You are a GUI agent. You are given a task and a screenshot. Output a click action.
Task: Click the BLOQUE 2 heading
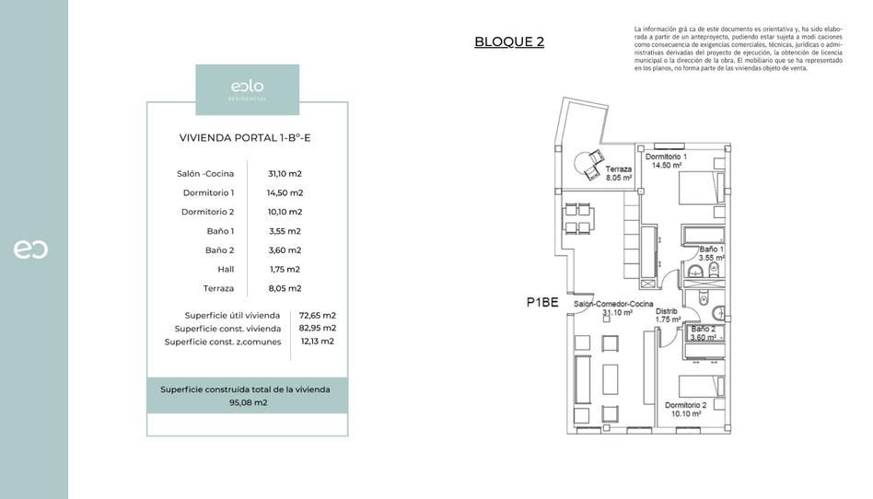(x=509, y=41)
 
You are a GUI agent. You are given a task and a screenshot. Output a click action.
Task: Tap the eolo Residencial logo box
(x=247, y=89)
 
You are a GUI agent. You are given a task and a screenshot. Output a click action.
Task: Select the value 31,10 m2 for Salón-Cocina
(x=285, y=173)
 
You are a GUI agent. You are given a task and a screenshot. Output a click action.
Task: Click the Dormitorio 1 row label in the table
(x=208, y=192)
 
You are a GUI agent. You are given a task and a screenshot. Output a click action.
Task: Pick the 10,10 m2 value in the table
(x=285, y=212)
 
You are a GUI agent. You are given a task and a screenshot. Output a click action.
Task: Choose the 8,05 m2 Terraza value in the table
(x=285, y=288)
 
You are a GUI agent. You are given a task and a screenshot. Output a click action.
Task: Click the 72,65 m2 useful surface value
(x=318, y=315)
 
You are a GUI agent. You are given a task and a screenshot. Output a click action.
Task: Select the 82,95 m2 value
(x=318, y=328)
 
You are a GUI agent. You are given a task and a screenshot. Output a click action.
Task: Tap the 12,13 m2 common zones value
(x=318, y=342)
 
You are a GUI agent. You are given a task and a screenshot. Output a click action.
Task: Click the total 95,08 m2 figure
(x=248, y=402)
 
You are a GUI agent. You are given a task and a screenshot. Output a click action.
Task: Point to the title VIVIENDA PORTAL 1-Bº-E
(x=247, y=138)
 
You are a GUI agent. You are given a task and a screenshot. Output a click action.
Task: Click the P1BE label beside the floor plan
(x=542, y=302)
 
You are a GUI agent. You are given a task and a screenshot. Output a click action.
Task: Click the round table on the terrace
(x=585, y=165)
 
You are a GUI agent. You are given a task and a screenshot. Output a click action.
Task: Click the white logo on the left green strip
(x=30, y=249)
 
